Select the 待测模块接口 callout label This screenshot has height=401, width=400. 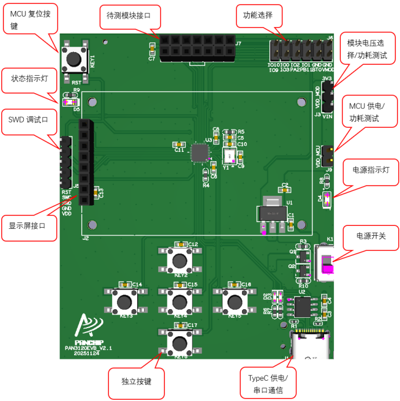click(129, 16)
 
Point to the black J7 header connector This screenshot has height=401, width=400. click(197, 48)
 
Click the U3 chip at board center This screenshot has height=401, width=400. click(200, 152)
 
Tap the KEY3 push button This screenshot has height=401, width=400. click(125, 301)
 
